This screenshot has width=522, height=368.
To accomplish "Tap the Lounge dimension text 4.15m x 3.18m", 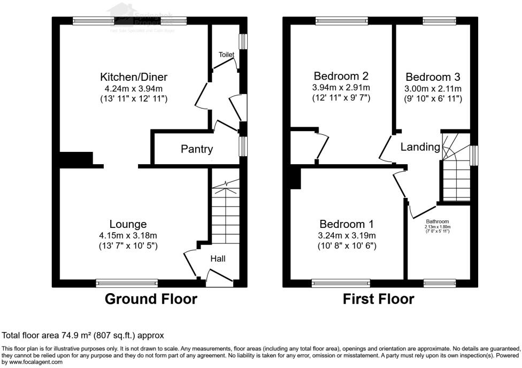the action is point(128,235).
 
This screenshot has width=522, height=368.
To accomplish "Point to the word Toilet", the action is point(226,55).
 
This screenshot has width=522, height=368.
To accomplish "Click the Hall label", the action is point(218,259).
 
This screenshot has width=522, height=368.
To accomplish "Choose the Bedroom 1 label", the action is point(347,224).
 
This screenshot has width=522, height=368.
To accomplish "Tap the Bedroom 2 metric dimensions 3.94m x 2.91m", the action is point(341,88).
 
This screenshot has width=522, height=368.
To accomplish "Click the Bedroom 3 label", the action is point(433,76).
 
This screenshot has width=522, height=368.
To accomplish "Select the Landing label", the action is point(420,147).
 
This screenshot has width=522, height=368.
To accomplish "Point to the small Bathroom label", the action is point(437,221).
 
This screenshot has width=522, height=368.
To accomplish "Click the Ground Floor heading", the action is point(151,299).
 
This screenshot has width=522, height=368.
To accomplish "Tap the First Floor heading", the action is point(378,299).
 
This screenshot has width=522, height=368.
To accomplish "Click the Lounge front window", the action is point(127,282).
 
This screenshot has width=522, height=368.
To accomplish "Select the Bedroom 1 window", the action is point(341,282).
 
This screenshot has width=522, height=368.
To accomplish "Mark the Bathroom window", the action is point(439,282).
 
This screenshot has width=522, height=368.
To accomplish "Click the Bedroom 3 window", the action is point(439,21).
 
